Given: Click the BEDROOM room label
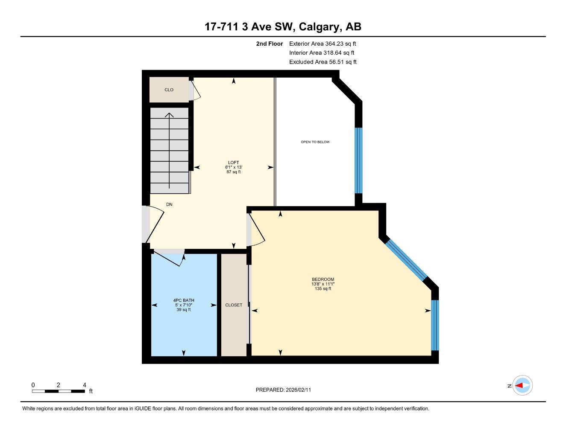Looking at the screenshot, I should pyautogui.click(x=323, y=280).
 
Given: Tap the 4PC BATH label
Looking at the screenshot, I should pyautogui.click(x=183, y=300).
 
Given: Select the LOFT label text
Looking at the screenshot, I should pyautogui.click(x=233, y=163).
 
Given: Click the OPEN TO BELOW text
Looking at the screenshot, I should pyautogui.click(x=315, y=142).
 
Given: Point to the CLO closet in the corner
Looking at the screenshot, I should pyautogui.click(x=169, y=90).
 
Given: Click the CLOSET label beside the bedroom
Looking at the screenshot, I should pyautogui.click(x=234, y=305).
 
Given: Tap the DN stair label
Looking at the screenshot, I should pyautogui.click(x=169, y=205).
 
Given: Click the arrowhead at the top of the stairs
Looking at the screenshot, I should pyautogui.click(x=170, y=115).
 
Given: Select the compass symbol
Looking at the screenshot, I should pyautogui.click(x=522, y=386).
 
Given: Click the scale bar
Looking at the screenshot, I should pyautogui.click(x=59, y=391).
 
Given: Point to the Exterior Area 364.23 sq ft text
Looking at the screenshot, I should pyautogui.click(x=323, y=44).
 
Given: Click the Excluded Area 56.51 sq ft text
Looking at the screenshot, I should pyautogui.click(x=323, y=62).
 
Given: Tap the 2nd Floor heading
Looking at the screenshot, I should pyautogui.click(x=269, y=44).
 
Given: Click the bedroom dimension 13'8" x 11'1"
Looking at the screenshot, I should pyautogui.click(x=323, y=284).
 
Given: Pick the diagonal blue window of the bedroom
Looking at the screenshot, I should pyautogui.click(x=406, y=259).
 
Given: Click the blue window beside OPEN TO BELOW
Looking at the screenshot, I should pyautogui.click(x=359, y=160).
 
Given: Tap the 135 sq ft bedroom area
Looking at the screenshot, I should pyautogui.click(x=323, y=289).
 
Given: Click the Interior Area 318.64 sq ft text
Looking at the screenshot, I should pyautogui.click(x=322, y=53).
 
